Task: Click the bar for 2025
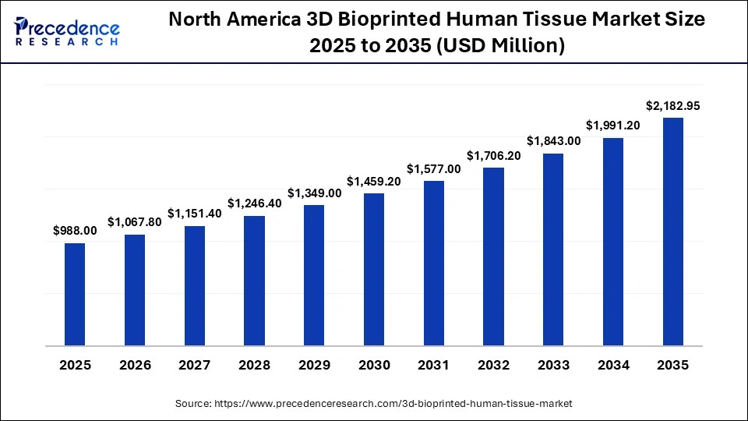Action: pyautogui.click(x=75, y=294)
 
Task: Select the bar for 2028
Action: pyautogui.click(x=254, y=280)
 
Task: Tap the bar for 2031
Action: pyautogui.click(x=433, y=263)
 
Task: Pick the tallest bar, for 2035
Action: pyautogui.click(x=672, y=232)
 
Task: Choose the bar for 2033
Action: pyautogui.click(x=553, y=249)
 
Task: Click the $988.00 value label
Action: pyautogui.click(x=75, y=230)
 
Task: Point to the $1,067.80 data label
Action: pyautogui.click(x=135, y=221)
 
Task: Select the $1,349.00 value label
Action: pyautogui.click(x=314, y=193)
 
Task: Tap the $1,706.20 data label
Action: pyautogui.click(x=493, y=155)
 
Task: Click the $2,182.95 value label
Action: pyautogui.click(x=672, y=105)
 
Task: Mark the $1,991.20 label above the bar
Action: pyautogui.click(x=612, y=126)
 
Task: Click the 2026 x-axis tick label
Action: pyautogui.click(x=135, y=365)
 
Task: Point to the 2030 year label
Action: pyautogui.click(x=374, y=365)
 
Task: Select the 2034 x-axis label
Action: pyautogui.click(x=612, y=365)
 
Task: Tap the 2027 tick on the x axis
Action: pyautogui.click(x=195, y=365)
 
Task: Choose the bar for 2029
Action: pyautogui.click(x=314, y=275)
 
